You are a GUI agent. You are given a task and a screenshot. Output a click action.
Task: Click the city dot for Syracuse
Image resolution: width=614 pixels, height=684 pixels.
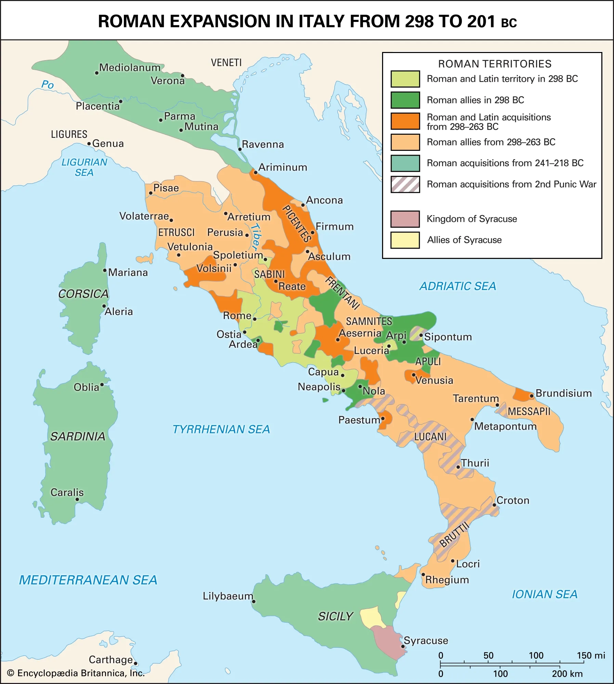tap(403, 646)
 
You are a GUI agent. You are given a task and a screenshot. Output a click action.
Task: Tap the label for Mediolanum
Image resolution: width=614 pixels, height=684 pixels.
tap(130, 67)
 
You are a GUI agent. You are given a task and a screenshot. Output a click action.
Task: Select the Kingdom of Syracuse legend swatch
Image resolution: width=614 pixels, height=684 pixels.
tap(405, 219)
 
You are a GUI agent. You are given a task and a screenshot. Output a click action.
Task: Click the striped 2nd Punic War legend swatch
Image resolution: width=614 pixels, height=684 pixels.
tap(405, 184)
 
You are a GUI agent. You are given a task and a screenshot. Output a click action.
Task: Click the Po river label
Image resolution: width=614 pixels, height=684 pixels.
tap(47, 84)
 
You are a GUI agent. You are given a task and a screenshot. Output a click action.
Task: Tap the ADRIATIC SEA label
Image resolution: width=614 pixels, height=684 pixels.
tap(457, 286)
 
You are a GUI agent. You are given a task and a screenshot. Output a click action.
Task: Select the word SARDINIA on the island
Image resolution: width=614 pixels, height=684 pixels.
tap(78, 436)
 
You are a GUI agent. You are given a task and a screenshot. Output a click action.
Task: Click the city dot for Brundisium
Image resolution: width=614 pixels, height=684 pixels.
tap(532, 396)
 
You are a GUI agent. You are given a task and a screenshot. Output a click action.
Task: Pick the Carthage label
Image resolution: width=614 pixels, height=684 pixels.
tap(110, 659)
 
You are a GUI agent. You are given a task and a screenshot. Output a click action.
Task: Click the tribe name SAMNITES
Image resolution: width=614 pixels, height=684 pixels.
tap(369, 321)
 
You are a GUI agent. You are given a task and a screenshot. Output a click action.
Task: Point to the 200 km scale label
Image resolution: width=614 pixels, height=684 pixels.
tap(567, 674)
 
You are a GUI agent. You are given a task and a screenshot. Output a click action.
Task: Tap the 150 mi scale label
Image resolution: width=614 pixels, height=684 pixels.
tap(591, 655)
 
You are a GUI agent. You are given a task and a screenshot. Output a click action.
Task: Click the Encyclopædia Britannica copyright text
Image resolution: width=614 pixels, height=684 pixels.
tap(76, 673)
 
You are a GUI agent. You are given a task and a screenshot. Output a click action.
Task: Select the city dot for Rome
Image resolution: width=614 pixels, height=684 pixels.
tap(254, 319)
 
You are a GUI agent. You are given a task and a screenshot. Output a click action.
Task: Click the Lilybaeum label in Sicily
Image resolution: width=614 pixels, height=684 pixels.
tap(228, 596)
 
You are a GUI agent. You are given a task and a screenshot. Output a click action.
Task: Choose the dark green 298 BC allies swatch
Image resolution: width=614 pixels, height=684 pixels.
tap(405, 100)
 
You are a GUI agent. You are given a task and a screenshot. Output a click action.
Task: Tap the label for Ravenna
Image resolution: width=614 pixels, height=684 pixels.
tap(263, 144)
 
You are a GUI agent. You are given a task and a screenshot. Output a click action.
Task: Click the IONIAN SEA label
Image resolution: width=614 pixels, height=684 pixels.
tap(544, 594)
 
